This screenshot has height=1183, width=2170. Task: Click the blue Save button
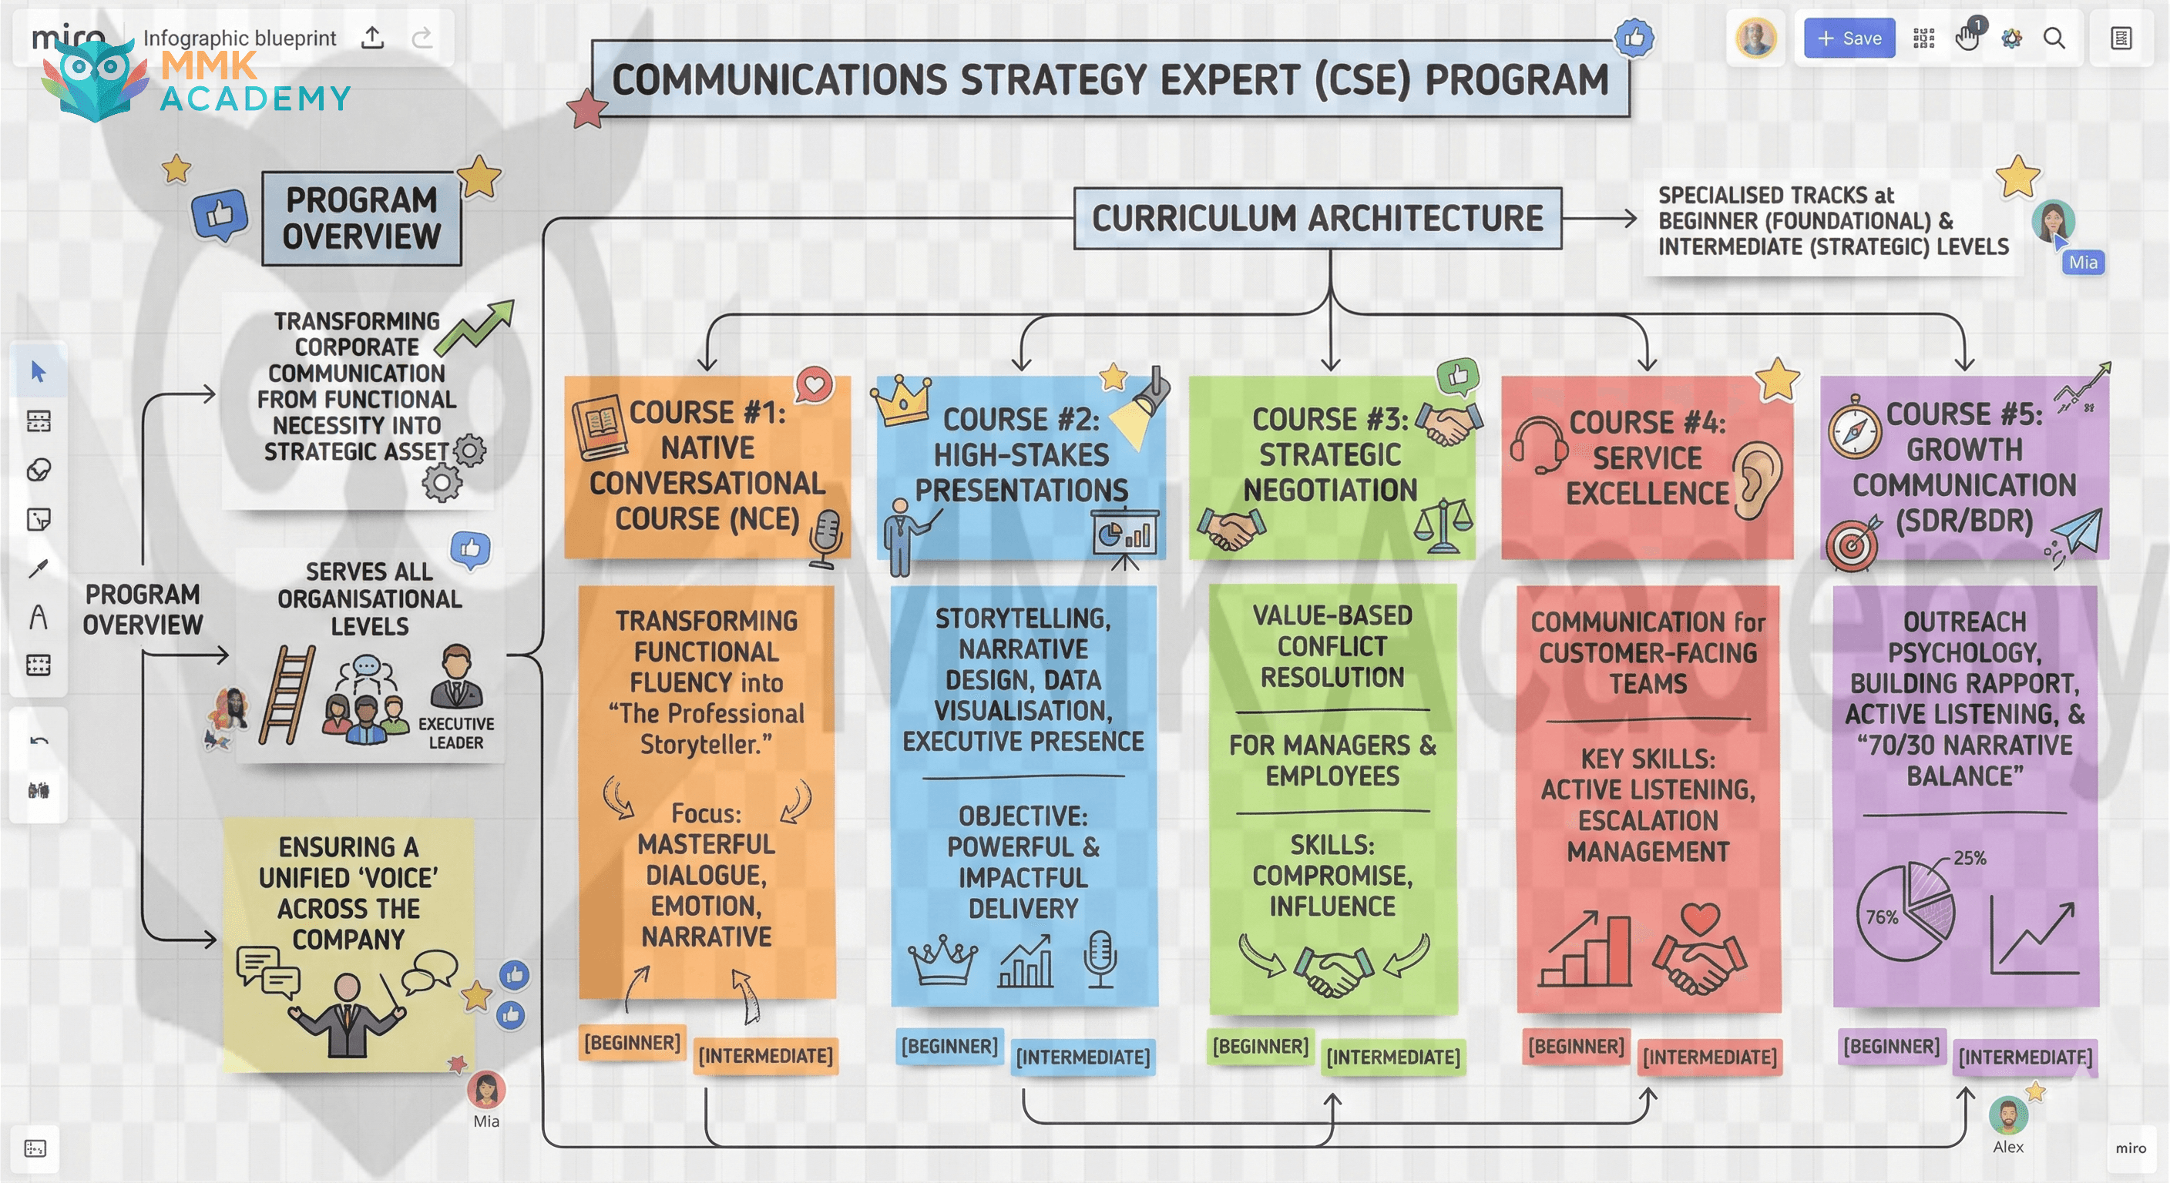1849,38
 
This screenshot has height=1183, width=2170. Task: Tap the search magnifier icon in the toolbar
2054,39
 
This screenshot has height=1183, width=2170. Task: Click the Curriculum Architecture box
1317,218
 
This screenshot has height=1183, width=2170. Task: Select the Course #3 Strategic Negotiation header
1330,455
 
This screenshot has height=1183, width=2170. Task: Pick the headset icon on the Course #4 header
1538,445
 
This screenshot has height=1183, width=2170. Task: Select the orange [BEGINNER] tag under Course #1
632,1042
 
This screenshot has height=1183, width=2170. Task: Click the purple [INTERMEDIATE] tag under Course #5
2024,1057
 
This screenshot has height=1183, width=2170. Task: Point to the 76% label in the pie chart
1882,917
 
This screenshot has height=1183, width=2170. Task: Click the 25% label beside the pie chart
1969,858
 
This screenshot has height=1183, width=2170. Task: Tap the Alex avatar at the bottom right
2007,1117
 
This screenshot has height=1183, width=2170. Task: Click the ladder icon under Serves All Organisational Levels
287,695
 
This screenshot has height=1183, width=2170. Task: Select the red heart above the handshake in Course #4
1699,918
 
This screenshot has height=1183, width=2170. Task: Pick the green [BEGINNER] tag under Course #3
1259,1046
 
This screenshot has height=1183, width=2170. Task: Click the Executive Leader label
455,732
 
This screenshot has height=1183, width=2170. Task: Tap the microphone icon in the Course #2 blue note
1100,958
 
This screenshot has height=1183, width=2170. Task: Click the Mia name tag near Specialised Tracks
2082,262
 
